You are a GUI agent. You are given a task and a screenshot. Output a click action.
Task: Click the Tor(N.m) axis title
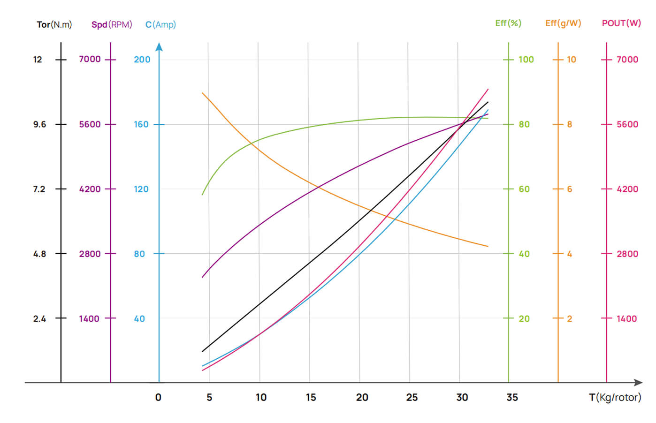(x=54, y=24)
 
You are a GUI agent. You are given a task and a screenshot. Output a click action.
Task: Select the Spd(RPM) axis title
(x=112, y=24)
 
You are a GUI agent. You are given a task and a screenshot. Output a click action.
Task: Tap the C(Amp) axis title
(x=160, y=24)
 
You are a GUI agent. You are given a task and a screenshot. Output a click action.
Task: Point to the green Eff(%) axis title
(x=508, y=23)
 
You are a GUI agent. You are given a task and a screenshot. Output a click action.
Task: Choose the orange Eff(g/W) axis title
(x=563, y=23)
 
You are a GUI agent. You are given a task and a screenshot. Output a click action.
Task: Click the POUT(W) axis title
(x=621, y=23)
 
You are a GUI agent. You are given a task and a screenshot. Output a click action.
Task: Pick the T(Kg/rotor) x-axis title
(x=615, y=398)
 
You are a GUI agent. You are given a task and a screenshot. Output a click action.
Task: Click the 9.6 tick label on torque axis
(x=40, y=124)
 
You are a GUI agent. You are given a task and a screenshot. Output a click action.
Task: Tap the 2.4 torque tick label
(x=40, y=319)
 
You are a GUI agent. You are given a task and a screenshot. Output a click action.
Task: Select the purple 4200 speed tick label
(x=90, y=189)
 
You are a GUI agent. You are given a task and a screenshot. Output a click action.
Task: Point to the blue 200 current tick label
(x=142, y=60)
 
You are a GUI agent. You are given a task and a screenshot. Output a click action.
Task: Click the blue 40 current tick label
(x=139, y=319)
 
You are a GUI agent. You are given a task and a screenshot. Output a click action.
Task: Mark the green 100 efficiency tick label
(x=526, y=60)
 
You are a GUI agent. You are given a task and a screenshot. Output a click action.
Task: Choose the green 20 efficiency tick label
(x=524, y=319)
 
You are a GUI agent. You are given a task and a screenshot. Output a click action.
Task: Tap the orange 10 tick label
(x=572, y=60)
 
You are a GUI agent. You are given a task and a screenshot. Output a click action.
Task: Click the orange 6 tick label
(x=570, y=189)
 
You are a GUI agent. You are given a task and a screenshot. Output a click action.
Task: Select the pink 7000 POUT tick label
(x=627, y=60)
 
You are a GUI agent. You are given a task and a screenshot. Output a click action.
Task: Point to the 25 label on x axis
(x=412, y=398)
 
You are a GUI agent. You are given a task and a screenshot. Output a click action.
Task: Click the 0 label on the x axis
(x=158, y=398)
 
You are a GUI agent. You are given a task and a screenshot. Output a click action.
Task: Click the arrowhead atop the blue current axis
(x=159, y=46)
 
